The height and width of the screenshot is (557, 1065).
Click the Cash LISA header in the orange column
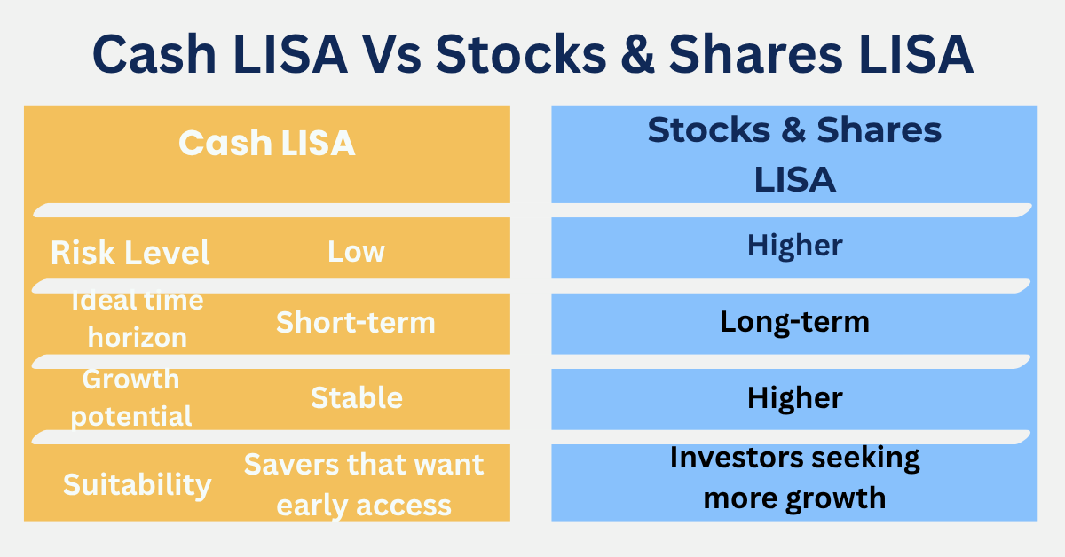[267, 143]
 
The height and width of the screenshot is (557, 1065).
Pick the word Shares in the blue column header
[880, 130]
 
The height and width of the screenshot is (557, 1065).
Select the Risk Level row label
[130, 253]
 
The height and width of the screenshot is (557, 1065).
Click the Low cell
[356, 251]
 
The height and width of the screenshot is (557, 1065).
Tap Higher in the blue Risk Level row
[794, 245]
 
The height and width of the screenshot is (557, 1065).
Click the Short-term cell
[356, 322]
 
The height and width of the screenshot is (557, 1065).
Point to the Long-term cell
[794, 321]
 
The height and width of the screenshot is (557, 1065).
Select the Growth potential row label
[131, 397]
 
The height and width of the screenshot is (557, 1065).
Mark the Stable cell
[356, 397]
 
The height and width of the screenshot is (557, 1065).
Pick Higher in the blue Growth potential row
[794, 397]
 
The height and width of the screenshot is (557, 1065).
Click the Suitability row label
[138, 484]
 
